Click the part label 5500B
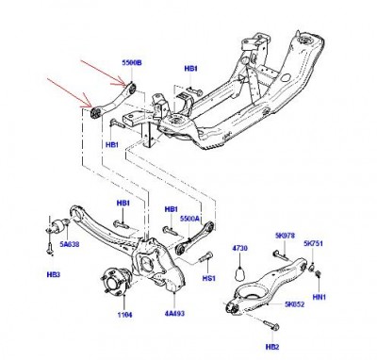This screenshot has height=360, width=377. point(132,63)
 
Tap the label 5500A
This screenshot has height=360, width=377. point(189,219)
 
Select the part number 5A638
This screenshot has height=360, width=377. point(69,244)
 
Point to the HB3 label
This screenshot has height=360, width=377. point(54,274)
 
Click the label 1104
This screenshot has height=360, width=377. point(124,315)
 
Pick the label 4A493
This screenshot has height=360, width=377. point(174,313)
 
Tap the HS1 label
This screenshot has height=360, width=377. point(208,278)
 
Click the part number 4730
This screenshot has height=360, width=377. point(239,248)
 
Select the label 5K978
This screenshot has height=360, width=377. point(285,236)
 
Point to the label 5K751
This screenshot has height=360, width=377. point(313,243)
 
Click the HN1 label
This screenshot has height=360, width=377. point(320,296)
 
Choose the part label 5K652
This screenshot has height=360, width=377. point(294,304)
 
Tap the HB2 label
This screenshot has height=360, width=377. point(272,347)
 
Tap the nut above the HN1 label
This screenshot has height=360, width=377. point(318,273)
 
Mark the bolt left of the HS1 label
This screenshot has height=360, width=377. point(205,257)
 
